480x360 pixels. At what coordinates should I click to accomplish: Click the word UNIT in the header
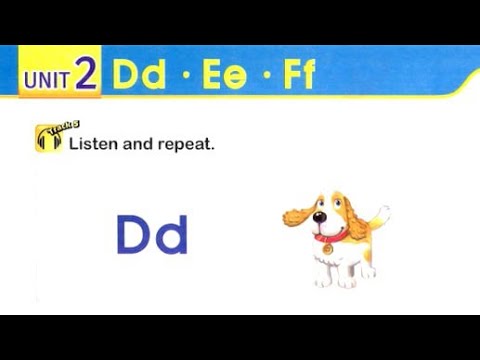[x=46, y=79]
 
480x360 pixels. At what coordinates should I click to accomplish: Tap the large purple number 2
[x=86, y=77]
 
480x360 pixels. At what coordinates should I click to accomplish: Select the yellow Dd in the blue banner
[x=139, y=77]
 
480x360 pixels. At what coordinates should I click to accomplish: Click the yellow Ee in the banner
[x=224, y=77]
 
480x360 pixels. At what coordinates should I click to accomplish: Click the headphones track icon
[x=48, y=138]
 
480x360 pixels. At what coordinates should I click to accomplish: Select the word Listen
[x=93, y=144]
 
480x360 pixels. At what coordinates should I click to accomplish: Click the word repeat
[x=187, y=145]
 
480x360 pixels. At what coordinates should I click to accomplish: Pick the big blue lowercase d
[x=171, y=234]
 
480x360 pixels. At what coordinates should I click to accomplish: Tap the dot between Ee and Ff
[x=264, y=77]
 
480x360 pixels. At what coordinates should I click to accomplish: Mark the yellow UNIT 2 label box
[x=60, y=78]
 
